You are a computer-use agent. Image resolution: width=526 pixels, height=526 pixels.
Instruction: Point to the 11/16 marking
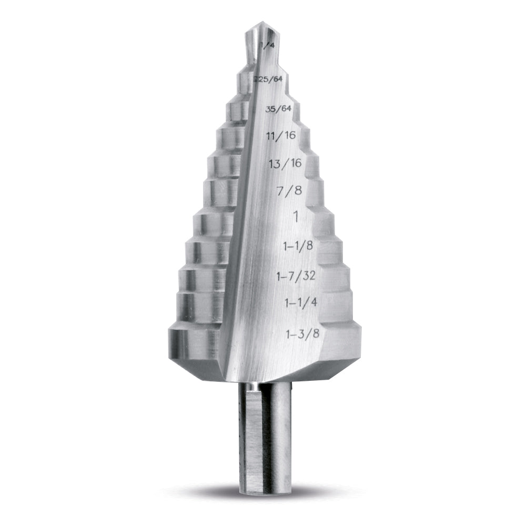[281, 135]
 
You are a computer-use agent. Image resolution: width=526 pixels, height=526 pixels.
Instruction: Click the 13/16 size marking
[285, 163]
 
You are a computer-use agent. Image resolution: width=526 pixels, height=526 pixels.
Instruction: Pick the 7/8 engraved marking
[289, 190]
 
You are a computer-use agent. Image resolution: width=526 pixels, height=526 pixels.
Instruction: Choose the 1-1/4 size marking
[300, 302]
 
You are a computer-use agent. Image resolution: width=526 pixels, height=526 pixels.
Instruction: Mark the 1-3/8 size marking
[302, 332]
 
